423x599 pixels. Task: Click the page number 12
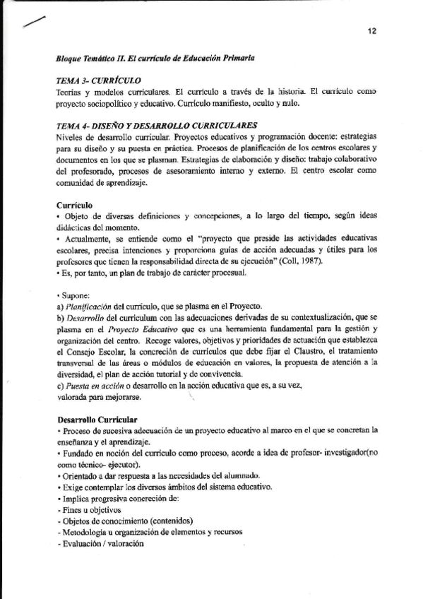coord(371,30)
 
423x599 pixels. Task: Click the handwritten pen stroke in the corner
coord(33,23)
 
